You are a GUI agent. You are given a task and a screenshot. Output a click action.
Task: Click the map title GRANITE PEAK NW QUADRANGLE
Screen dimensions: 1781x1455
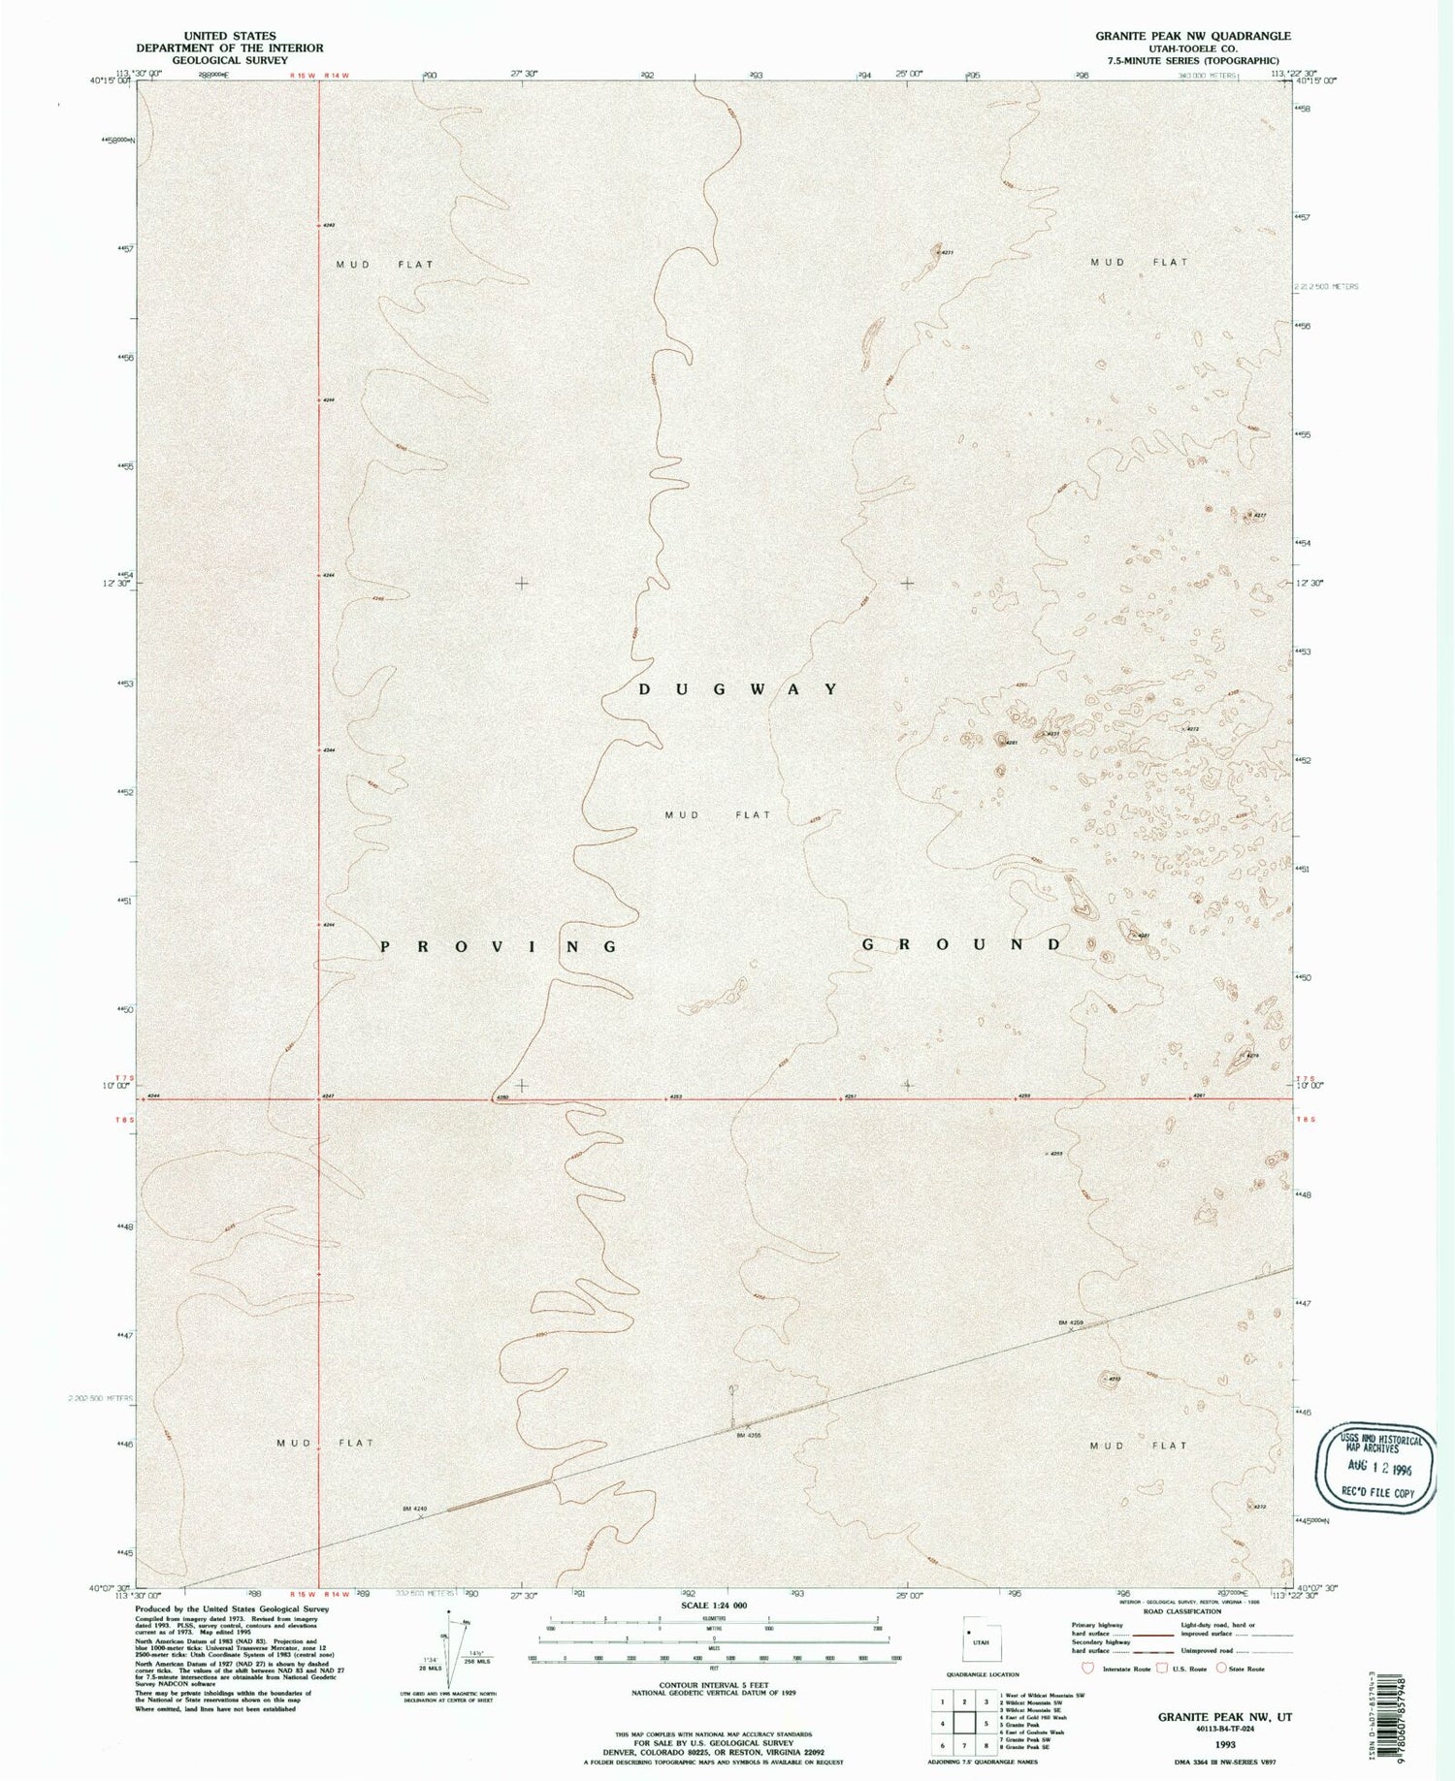pyautogui.click(x=1180, y=36)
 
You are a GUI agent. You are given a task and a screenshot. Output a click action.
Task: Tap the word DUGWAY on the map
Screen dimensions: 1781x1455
pyautogui.click(x=738, y=689)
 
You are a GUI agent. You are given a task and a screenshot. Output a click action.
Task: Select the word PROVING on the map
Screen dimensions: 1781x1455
pyautogui.click(x=499, y=946)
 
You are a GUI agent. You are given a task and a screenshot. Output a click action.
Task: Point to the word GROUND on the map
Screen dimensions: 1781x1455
pyautogui.click(x=962, y=944)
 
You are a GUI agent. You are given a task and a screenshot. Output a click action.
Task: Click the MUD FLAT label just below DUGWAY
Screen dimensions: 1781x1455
pyautogui.click(x=718, y=815)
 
